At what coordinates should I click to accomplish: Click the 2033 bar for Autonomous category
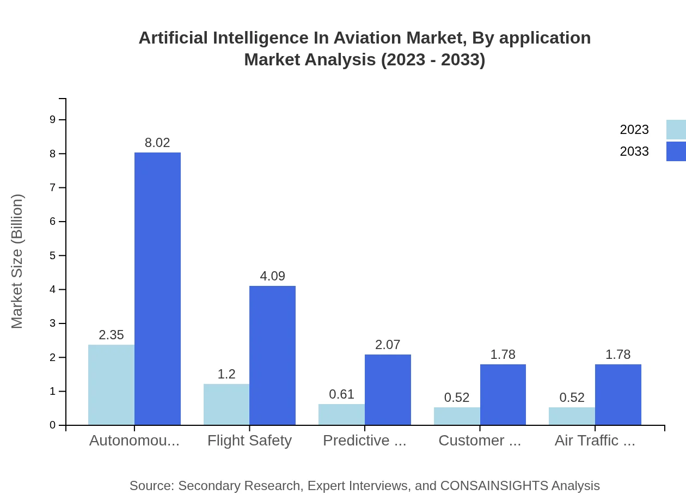[x=157, y=289]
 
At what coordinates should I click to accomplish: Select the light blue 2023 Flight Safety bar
[x=226, y=404]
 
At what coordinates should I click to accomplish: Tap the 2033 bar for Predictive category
[x=388, y=389]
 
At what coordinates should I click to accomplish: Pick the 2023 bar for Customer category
[x=457, y=416]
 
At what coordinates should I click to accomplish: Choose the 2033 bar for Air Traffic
[x=618, y=394]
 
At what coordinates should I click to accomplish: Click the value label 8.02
[x=157, y=143]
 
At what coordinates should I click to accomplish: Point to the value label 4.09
[x=272, y=276]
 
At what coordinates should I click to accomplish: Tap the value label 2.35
[x=111, y=335]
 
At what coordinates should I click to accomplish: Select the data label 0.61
[x=341, y=394]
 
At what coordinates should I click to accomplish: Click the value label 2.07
[x=388, y=345]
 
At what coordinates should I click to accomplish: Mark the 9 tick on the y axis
[x=53, y=120]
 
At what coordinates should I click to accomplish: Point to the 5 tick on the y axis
[x=53, y=255]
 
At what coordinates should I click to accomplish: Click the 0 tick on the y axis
[x=53, y=425]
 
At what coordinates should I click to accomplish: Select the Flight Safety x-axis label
[x=249, y=441]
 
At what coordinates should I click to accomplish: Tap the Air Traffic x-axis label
[x=595, y=441]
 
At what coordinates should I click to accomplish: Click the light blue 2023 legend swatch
[x=676, y=130]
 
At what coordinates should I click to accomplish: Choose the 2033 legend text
[x=634, y=151]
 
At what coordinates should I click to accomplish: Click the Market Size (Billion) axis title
[x=17, y=261]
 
